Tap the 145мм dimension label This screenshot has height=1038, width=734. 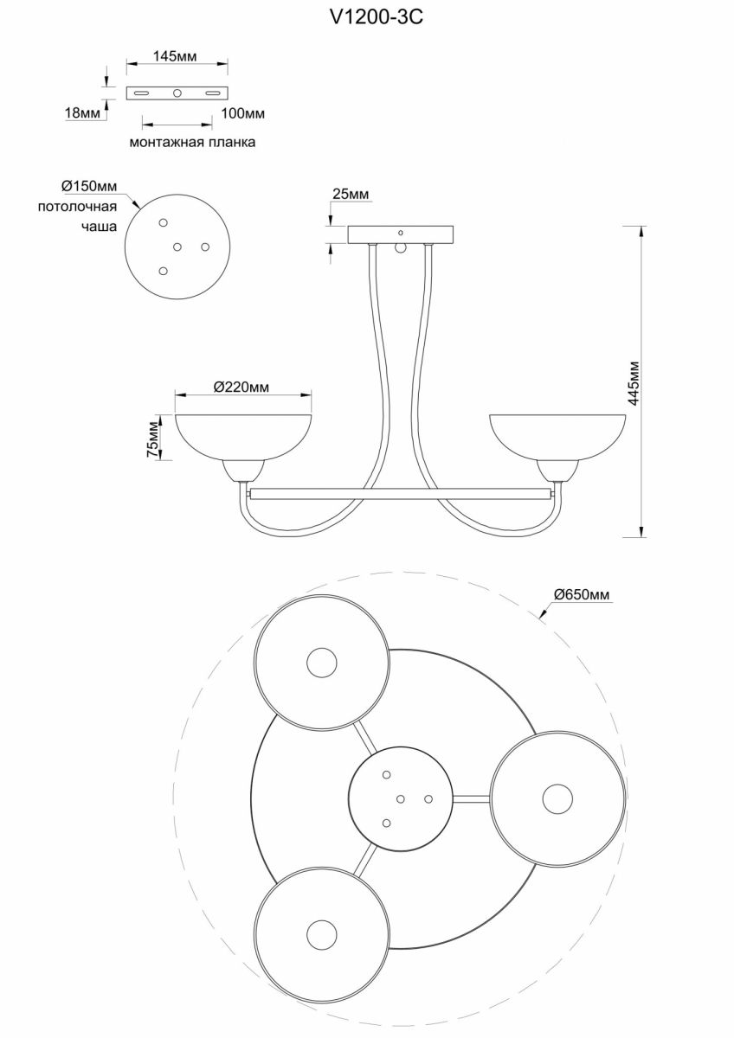click(175, 56)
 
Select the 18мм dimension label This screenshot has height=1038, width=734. click(83, 113)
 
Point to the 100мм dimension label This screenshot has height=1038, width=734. click(242, 113)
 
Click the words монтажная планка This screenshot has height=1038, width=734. click(192, 142)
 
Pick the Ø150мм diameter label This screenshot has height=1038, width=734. click(89, 186)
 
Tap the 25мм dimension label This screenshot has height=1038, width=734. click(351, 194)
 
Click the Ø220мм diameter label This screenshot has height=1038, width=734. click(241, 387)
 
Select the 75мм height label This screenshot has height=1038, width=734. click(153, 439)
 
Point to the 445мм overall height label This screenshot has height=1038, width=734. click(634, 383)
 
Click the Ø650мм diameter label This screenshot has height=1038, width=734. click(582, 594)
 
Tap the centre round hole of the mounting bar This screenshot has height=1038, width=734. click(177, 93)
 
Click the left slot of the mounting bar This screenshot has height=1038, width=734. click(141, 93)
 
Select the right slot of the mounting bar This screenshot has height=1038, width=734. click(213, 93)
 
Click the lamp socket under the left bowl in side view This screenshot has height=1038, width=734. click(243, 471)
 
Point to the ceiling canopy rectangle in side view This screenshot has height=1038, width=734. click(401, 234)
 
